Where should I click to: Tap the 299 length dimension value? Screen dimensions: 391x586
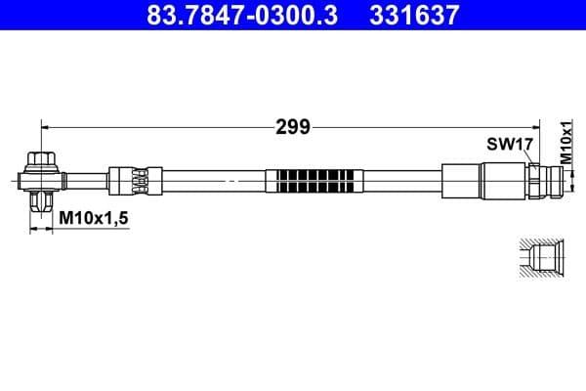point(292,126)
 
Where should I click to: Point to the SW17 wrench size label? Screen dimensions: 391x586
point(509,145)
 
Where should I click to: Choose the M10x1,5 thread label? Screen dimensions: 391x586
point(93,220)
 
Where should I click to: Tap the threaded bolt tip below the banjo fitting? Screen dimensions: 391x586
point(42,203)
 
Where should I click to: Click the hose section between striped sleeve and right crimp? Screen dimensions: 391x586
point(400,181)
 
